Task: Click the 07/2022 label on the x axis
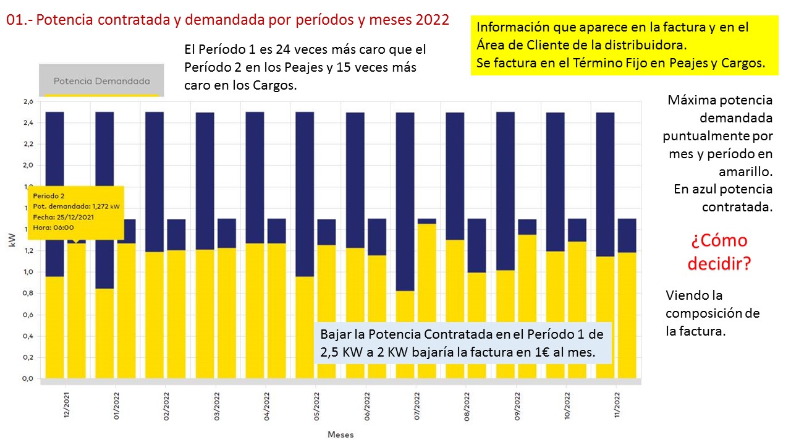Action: pyautogui.click(x=416, y=405)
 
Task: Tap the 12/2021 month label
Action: pyautogui.click(x=66, y=405)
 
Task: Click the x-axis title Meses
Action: pyautogui.click(x=341, y=434)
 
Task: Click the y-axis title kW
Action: pyautogui.click(x=12, y=241)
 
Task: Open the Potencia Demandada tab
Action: pyautogui.click(x=101, y=81)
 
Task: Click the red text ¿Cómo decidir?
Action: pyautogui.click(x=718, y=252)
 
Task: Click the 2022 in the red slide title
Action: pyautogui.click(x=432, y=19)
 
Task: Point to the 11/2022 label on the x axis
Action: pyautogui.click(x=617, y=405)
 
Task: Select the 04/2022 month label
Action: pyautogui.click(x=266, y=405)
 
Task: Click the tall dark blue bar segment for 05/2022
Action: pyautogui.click(x=305, y=193)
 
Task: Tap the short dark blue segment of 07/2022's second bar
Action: pyautogui.click(x=426, y=221)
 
